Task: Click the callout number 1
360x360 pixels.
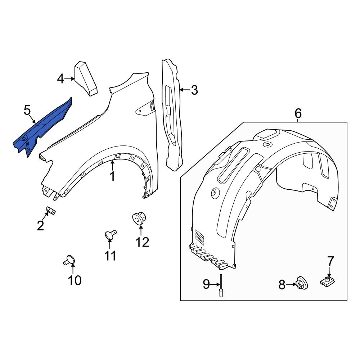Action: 112,176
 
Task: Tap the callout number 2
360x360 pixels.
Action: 40,226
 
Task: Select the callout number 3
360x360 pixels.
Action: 194,90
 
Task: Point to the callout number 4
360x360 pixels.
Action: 60,78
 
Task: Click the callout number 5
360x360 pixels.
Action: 27,110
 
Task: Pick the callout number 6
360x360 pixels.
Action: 298,113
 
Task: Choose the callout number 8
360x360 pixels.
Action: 282,285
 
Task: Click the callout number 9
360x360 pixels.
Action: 206,284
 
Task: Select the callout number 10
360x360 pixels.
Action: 75,280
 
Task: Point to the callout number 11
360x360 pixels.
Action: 110,256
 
